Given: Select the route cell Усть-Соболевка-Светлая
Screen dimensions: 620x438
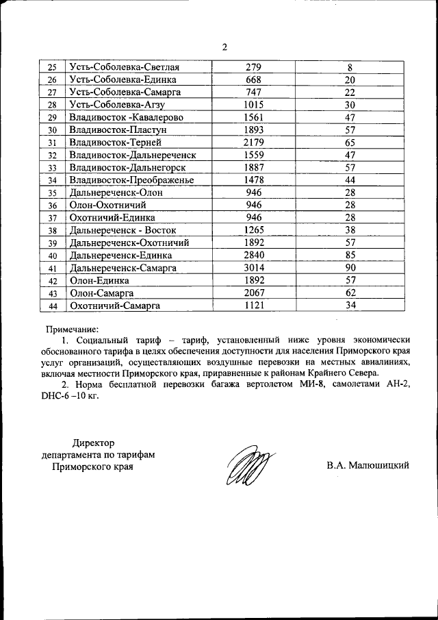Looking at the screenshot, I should (125, 67).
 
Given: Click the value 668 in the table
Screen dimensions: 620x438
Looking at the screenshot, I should (253, 80).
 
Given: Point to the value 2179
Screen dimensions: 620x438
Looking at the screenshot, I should (253, 142).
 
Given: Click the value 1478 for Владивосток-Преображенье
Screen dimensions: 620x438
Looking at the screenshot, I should (253, 180).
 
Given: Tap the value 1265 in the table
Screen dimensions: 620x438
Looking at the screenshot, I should (253, 230).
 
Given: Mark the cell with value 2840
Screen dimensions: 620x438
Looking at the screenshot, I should (253, 256).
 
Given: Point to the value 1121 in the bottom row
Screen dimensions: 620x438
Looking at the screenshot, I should (253, 306).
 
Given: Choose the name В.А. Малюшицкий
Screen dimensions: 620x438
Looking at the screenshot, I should (368, 467).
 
